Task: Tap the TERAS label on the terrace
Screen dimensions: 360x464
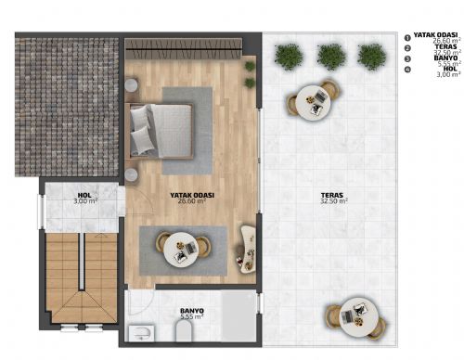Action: (332, 194)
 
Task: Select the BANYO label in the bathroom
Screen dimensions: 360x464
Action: (191, 311)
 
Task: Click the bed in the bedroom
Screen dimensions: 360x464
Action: (161, 129)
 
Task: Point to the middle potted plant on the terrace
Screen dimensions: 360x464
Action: (331, 57)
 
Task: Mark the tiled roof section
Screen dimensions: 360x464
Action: (68, 107)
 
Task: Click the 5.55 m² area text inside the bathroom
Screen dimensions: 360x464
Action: (191, 318)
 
